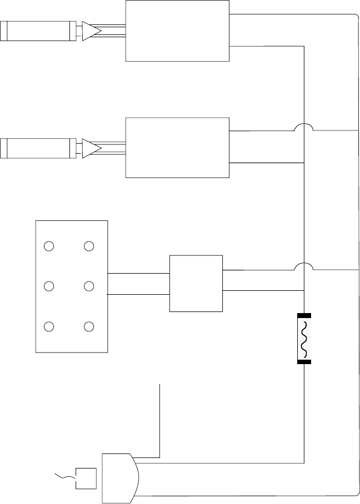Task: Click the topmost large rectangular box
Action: tap(177, 31)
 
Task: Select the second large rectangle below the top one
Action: tap(177, 148)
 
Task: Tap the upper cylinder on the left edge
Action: tap(38, 31)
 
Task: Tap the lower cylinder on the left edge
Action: tap(38, 148)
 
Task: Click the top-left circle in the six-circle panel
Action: tap(49, 246)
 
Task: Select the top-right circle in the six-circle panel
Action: tap(88, 246)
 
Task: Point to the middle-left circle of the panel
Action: tap(49, 286)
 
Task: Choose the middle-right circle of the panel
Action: tap(88, 286)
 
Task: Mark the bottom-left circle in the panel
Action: tap(49, 326)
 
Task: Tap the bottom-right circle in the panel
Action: tap(88, 326)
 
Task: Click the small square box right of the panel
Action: tap(196, 284)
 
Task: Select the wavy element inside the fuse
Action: tap(304, 339)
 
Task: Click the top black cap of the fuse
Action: tap(304, 316)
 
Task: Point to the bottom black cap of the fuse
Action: tap(304, 362)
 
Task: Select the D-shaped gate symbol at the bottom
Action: tap(119, 477)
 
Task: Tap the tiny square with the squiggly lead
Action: tap(86, 478)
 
